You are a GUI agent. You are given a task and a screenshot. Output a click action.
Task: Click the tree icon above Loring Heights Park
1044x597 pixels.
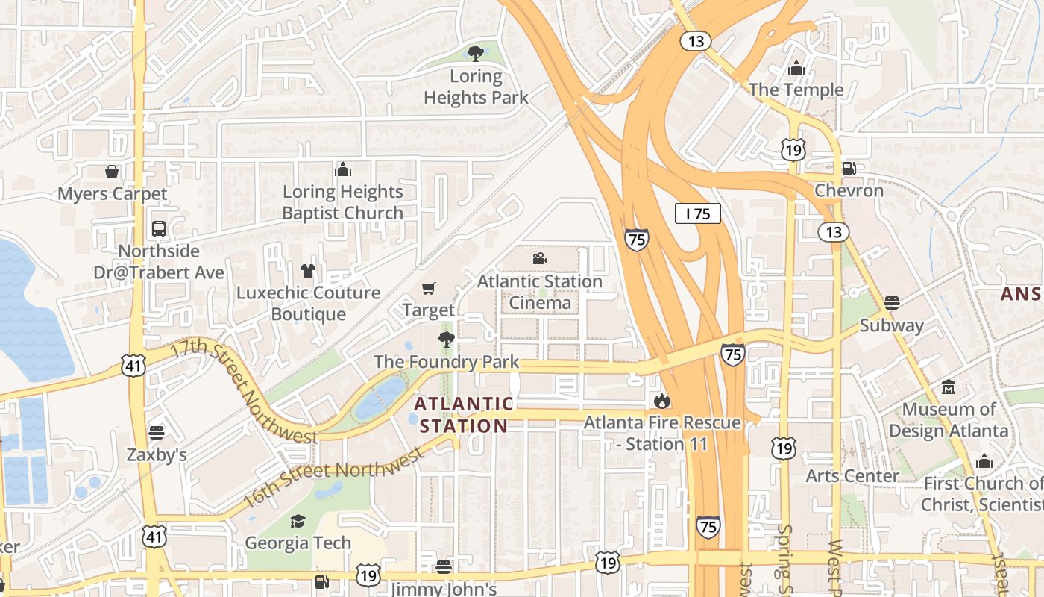475,53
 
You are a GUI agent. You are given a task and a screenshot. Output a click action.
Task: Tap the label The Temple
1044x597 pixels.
796,90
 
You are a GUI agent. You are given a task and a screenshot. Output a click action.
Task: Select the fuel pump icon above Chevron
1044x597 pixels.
849,169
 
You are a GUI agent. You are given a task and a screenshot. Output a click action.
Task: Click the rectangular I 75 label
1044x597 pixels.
698,213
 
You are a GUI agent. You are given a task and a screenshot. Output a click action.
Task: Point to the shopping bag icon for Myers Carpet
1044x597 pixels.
112,172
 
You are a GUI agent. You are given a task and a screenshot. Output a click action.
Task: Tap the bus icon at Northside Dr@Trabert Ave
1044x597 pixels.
158,229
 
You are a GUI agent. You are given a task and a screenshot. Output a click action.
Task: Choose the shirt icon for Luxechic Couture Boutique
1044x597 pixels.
307,271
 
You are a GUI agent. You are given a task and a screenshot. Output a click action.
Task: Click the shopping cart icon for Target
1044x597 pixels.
428,288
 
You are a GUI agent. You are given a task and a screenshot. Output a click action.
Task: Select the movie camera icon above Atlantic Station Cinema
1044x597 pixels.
539,259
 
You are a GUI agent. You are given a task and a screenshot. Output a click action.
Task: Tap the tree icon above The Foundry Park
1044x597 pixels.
446,340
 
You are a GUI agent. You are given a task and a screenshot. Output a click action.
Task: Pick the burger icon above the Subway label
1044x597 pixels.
891,303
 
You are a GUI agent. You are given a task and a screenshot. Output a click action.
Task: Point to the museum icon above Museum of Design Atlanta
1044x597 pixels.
949,387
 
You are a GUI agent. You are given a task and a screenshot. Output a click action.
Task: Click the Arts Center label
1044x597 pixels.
852,475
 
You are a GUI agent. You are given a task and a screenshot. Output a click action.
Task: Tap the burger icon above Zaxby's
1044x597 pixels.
156,432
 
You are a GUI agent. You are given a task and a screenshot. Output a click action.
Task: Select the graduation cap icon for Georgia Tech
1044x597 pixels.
298,521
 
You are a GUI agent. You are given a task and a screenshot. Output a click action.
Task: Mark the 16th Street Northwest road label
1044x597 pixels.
333,478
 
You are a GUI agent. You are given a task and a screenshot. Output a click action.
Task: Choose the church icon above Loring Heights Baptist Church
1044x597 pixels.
342,169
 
